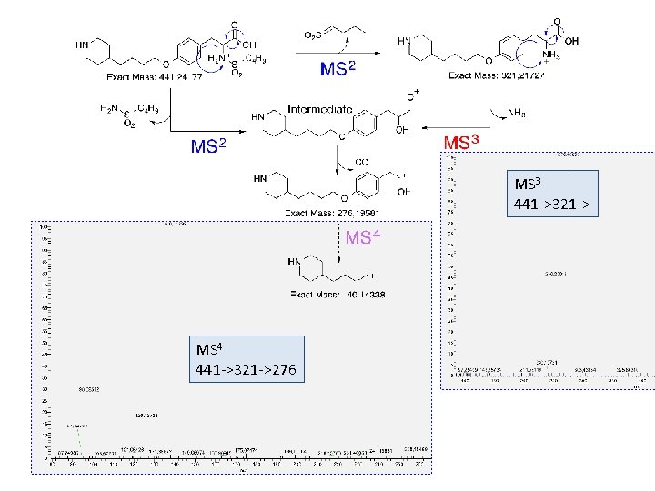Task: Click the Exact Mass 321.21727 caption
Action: (x=494, y=75)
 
